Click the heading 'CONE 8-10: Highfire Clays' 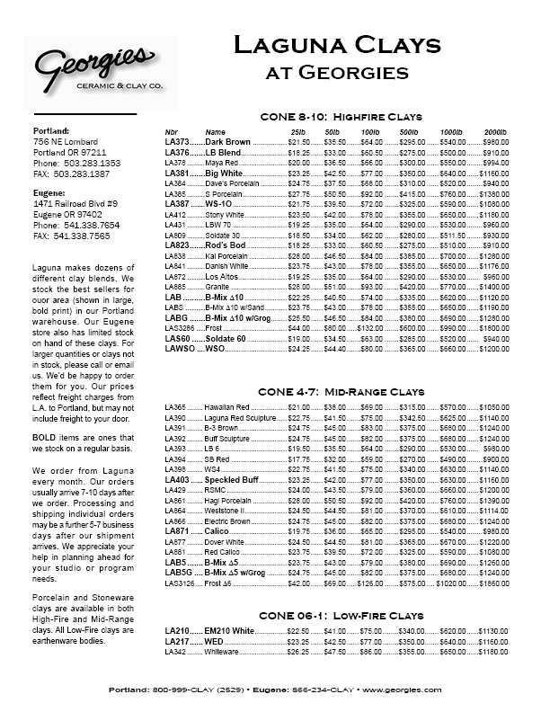341,118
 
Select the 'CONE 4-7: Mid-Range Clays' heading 341,394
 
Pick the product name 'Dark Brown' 228,142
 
